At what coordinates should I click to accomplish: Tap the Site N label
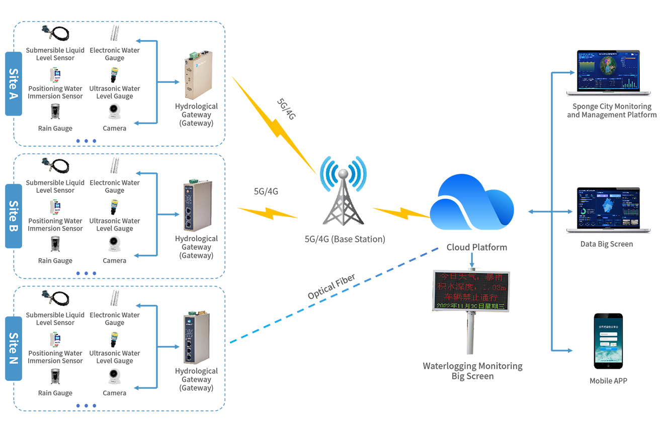click(14, 346)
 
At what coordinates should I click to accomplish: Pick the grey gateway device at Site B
click(194, 201)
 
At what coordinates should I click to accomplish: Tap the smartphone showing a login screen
click(608, 342)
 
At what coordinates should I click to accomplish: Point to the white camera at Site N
click(115, 375)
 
